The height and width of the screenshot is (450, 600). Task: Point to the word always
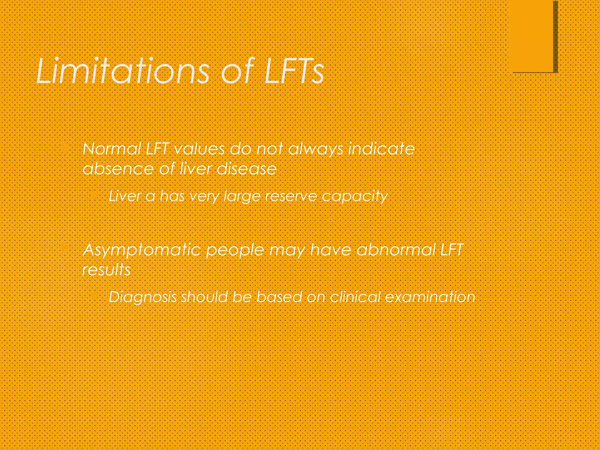[x=316, y=149]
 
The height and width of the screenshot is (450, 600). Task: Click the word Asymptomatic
[x=142, y=251]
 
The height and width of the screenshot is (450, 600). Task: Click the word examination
[x=430, y=297]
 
